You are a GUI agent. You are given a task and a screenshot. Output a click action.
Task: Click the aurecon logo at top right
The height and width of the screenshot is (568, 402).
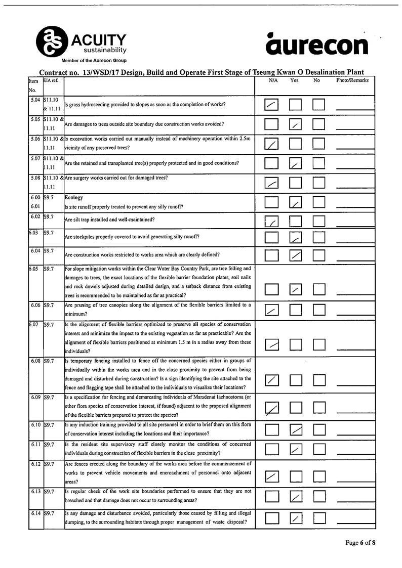317,44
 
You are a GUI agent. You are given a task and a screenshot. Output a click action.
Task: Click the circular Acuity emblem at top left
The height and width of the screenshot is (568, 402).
49,41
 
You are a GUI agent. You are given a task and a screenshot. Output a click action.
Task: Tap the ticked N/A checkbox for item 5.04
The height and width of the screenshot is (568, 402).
272,105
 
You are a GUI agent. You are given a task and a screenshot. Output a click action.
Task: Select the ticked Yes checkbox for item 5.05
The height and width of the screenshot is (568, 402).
295,124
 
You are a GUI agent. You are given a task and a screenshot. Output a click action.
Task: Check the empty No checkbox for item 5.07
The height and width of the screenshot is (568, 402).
318,163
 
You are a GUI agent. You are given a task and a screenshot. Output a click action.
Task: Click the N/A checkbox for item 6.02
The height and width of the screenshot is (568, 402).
272,222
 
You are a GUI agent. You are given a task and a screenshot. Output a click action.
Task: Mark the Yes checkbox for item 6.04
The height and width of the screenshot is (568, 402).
295,255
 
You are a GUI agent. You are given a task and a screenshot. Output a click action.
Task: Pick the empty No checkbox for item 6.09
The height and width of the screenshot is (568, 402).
318,407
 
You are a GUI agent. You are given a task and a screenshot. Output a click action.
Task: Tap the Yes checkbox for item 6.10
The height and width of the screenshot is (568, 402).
295,430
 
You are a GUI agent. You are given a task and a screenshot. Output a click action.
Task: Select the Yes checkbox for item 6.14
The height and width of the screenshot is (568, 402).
295,518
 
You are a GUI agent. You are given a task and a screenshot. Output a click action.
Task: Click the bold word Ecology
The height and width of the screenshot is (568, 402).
74,198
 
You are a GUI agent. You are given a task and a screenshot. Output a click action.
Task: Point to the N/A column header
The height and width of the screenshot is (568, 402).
273,80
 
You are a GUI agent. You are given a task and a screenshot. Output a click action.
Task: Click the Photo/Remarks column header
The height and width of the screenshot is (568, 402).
352,80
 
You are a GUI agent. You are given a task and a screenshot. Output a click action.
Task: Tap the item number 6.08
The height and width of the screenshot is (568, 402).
35,362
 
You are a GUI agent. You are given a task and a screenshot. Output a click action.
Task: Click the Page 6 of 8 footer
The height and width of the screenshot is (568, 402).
360,543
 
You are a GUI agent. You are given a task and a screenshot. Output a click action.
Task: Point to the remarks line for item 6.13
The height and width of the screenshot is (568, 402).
354,501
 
